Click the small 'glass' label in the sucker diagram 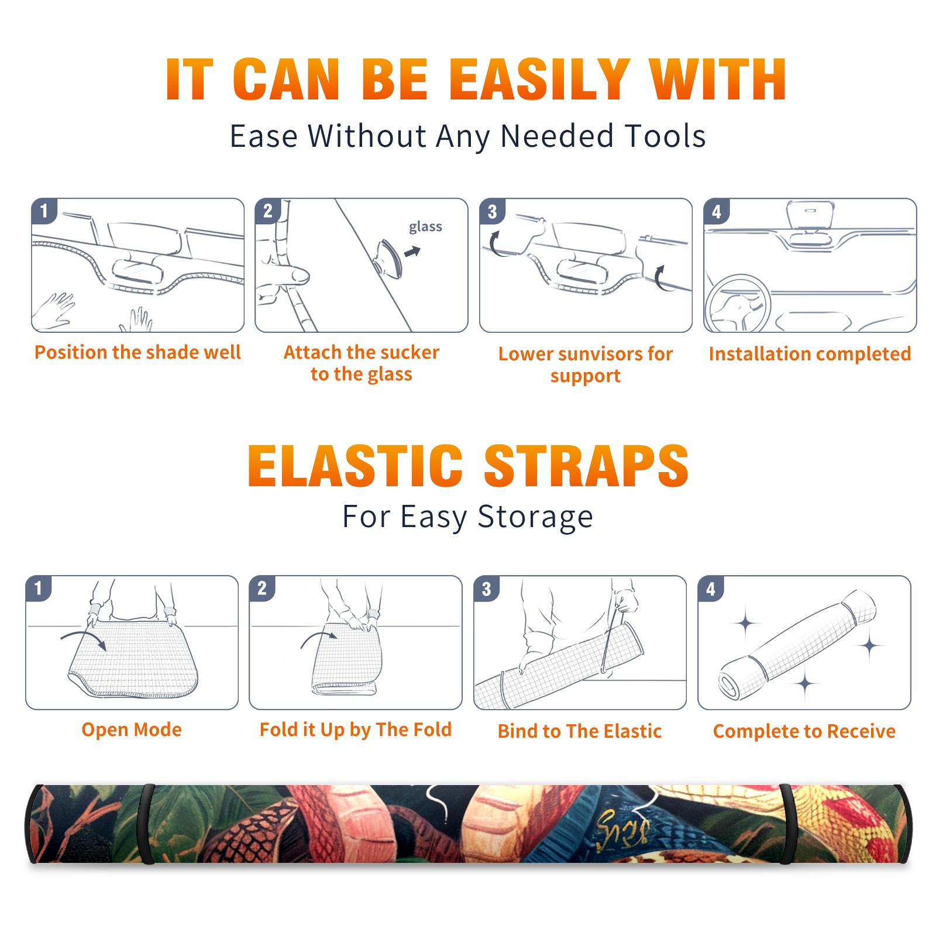425,227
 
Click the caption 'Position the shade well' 137,352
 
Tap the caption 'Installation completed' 810,354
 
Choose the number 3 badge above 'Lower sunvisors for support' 493,211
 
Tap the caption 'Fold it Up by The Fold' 356,729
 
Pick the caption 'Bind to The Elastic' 580,731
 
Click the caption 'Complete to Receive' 804,731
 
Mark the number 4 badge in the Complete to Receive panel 711,589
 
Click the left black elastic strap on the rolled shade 147,824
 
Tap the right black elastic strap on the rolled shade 787,824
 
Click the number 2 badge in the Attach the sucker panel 268,211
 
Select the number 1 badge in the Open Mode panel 39,589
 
